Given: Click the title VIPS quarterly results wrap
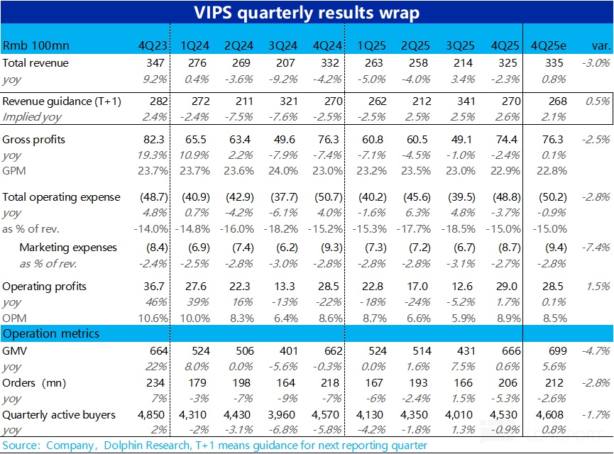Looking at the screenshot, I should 307,13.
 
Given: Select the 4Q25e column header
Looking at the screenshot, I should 547,46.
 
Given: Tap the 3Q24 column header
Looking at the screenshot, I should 283,46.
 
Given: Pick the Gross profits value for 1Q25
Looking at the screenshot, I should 374,140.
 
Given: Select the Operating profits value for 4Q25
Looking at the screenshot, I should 508,287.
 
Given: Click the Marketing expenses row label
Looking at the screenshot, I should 68,248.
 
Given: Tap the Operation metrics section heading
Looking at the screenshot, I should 51,333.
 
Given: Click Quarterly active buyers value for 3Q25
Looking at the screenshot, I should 461,414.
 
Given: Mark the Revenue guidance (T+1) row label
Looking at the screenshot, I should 62,101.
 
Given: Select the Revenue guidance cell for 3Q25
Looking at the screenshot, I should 463,101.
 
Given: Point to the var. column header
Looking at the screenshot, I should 599,46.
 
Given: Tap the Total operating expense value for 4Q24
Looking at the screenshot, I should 329,196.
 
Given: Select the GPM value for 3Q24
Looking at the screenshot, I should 284,171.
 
